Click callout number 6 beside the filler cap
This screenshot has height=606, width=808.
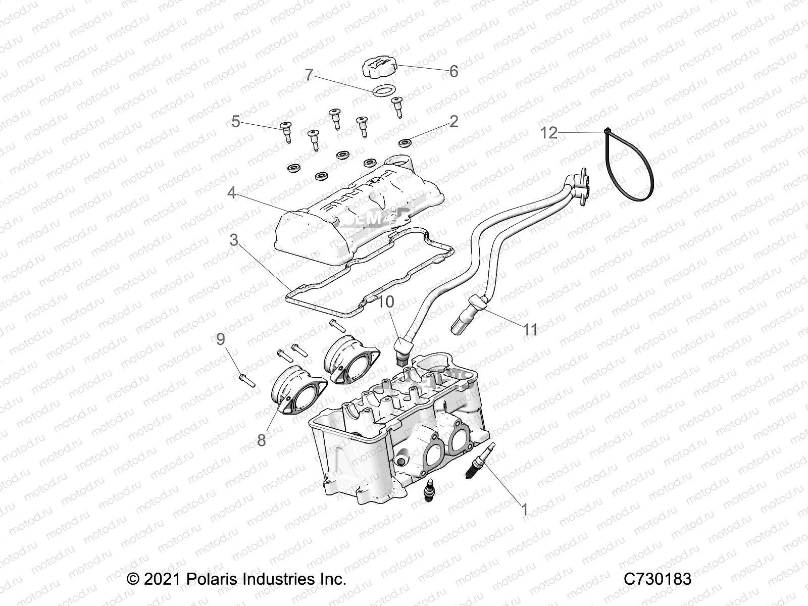coord(453,72)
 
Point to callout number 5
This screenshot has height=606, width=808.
coord(236,122)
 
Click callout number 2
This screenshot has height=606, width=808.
coord(453,121)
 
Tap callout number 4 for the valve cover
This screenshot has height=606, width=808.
coord(231,193)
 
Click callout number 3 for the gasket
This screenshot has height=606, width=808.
coord(233,240)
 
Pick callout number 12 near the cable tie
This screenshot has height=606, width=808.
coord(549,133)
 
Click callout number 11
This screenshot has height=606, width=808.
coord(530,330)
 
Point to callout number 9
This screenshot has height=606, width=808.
coord(221,339)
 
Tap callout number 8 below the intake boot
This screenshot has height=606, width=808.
coord(261,440)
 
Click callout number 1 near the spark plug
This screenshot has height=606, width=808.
coord(524,510)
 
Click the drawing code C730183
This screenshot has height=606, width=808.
coord(657,579)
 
